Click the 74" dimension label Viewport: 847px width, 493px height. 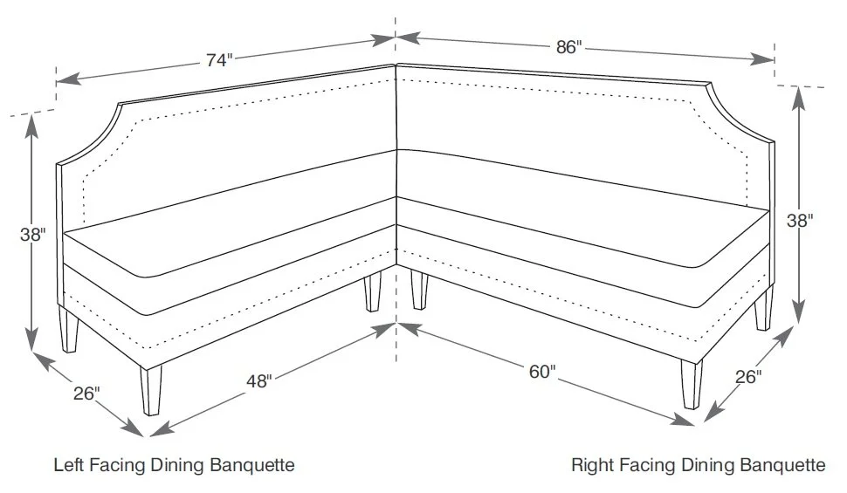tap(220, 60)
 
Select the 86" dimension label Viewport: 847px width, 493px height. tap(568, 47)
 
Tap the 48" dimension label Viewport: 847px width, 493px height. tap(258, 380)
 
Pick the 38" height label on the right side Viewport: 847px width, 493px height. tap(800, 221)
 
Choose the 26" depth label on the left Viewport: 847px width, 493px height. tap(86, 394)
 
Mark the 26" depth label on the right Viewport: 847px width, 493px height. tap(747, 377)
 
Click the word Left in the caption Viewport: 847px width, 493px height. tap(68, 464)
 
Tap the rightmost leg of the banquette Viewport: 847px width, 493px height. tap(764, 310)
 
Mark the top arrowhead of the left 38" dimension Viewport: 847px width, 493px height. tap(32, 123)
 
